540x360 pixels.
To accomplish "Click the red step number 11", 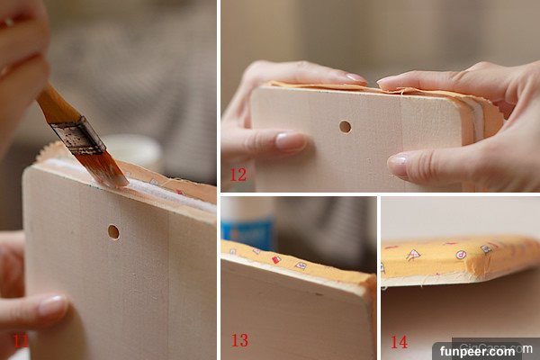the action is (21, 341).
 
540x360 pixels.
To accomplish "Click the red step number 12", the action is (238, 175).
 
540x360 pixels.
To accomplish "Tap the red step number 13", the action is (239, 340).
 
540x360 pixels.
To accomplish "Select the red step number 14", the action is (400, 342).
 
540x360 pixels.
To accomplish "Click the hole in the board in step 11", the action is (113, 232).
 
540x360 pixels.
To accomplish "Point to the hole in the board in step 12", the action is (345, 127).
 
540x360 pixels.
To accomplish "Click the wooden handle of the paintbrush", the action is (56, 105).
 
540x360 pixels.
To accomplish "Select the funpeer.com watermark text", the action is (477, 351).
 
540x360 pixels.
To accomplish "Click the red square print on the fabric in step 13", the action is (276, 260).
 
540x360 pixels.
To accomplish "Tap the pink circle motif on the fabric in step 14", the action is (461, 255).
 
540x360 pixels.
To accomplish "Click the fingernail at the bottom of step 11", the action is (53, 305).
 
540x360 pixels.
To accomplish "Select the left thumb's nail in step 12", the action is (291, 141).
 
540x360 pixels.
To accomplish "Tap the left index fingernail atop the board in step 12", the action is (356, 77).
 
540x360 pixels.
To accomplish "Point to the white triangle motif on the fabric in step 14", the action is (413, 255).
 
